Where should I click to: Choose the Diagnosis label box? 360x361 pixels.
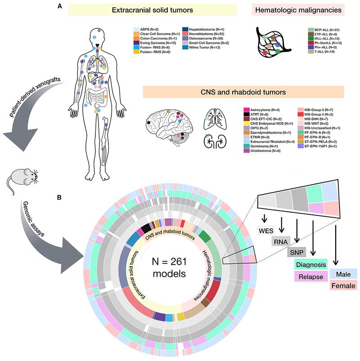[x=309, y=266]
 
